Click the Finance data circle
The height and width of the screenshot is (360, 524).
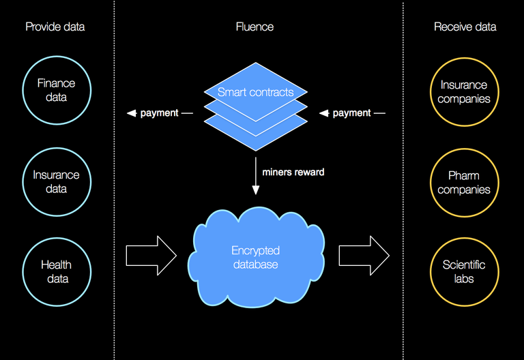coord(57,90)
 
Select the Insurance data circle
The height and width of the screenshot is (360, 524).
coord(57,181)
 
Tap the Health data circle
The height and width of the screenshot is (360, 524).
coord(57,271)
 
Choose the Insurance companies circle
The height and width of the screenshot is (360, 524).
coord(464,91)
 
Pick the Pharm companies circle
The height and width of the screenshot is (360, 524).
coord(464,183)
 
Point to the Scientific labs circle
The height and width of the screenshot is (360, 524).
coord(464,271)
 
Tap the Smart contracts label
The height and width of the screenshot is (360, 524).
coord(255,92)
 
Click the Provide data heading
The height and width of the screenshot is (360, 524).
coord(55,27)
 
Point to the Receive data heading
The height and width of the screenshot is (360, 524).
coord(465,27)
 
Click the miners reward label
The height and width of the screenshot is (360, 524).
coord(293,172)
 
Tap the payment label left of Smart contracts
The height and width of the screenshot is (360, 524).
coord(159,113)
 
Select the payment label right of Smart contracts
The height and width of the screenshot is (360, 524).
coord(351,113)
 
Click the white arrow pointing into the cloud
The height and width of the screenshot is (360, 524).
coord(151,256)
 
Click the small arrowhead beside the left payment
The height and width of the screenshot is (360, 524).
coord(132,113)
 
